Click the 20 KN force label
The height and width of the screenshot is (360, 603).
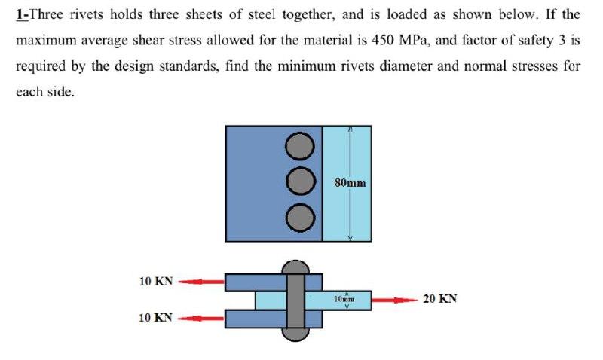click(440, 299)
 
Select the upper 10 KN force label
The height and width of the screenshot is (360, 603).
click(156, 282)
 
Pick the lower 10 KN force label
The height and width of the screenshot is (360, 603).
click(156, 317)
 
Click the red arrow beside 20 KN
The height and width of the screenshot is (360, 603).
click(394, 300)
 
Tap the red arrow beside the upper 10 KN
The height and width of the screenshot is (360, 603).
click(201, 282)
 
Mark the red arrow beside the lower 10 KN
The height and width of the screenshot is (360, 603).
click(201, 318)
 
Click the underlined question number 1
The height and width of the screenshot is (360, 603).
click(20, 14)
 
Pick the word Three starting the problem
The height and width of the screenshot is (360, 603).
click(44, 14)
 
